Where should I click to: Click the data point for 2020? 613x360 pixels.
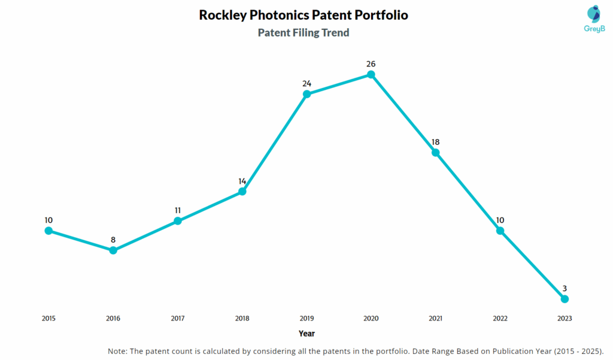(x=371, y=74)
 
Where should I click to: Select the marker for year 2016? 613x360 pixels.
(x=113, y=250)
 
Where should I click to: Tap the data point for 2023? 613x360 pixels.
(x=564, y=298)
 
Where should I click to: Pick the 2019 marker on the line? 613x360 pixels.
(x=306, y=94)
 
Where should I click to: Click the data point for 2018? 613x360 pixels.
(x=242, y=192)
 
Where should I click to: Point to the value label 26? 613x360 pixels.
(x=371, y=63)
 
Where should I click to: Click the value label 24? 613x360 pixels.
(x=306, y=83)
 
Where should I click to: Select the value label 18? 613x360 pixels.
(x=436, y=142)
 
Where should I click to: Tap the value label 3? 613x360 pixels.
(x=564, y=288)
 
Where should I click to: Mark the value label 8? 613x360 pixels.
(x=113, y=240)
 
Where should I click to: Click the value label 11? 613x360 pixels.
(x=178, y=210)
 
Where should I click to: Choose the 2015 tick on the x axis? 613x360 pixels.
(x=48, y=319)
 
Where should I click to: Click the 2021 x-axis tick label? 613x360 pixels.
(x=436, y=319)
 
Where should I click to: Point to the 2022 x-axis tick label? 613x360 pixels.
(x=500, y=319)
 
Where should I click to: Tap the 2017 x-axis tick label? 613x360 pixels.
(x=178, y=319)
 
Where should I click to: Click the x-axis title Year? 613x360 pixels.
(x=306, y=334)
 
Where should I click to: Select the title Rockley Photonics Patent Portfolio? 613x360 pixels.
(x=304, y=15)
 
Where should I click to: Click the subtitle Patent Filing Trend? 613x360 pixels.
(x=304, y=33)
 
